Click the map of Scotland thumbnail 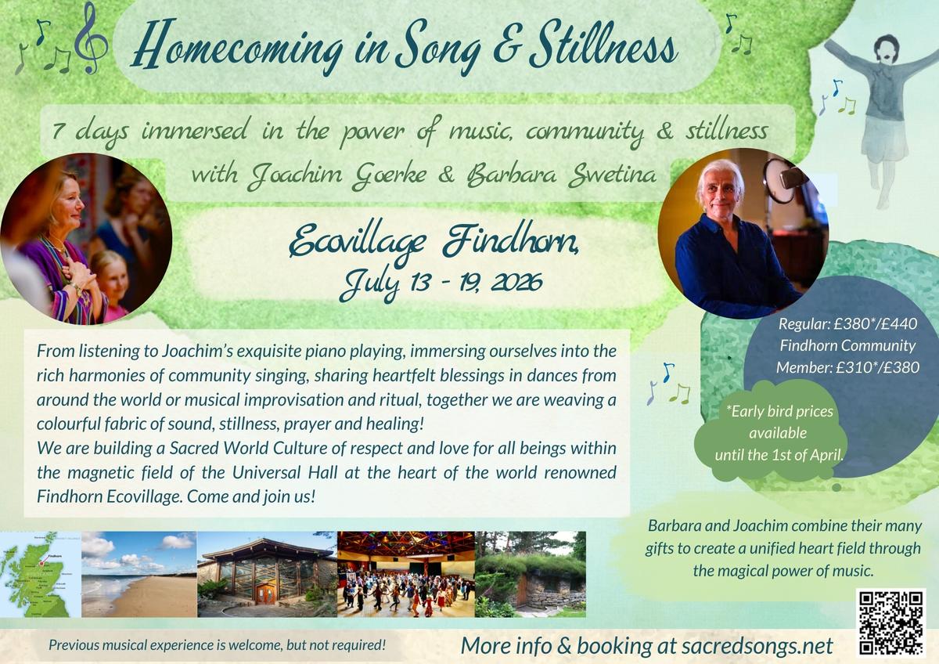40,574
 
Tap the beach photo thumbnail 139,574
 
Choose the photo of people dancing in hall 405,574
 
